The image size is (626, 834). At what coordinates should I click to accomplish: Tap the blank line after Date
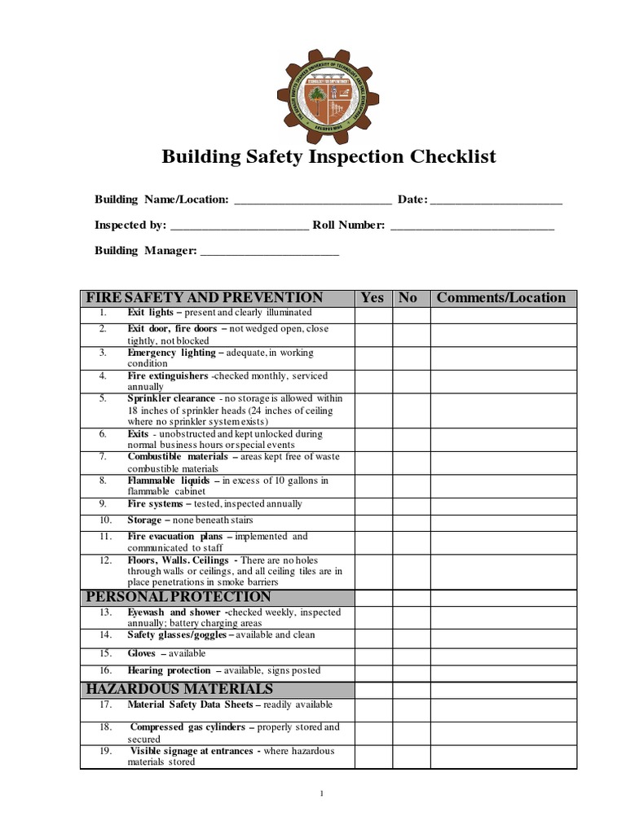496,200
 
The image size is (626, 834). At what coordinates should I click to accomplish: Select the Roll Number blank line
472,226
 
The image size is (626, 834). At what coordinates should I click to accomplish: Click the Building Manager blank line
269,252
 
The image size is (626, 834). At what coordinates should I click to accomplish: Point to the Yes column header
372,297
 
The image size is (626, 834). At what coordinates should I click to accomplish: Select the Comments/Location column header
501,297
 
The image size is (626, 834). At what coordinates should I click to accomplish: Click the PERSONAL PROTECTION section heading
179,596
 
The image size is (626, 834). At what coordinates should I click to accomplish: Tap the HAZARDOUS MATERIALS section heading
180,689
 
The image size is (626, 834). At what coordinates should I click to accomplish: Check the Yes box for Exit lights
373,314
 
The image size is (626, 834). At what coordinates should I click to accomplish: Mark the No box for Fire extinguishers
410,381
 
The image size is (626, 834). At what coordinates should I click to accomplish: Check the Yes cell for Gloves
373,654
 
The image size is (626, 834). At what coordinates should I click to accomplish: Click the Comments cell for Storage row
503,520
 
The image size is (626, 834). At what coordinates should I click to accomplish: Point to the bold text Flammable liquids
168,481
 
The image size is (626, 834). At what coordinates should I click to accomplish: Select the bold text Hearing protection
169,671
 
